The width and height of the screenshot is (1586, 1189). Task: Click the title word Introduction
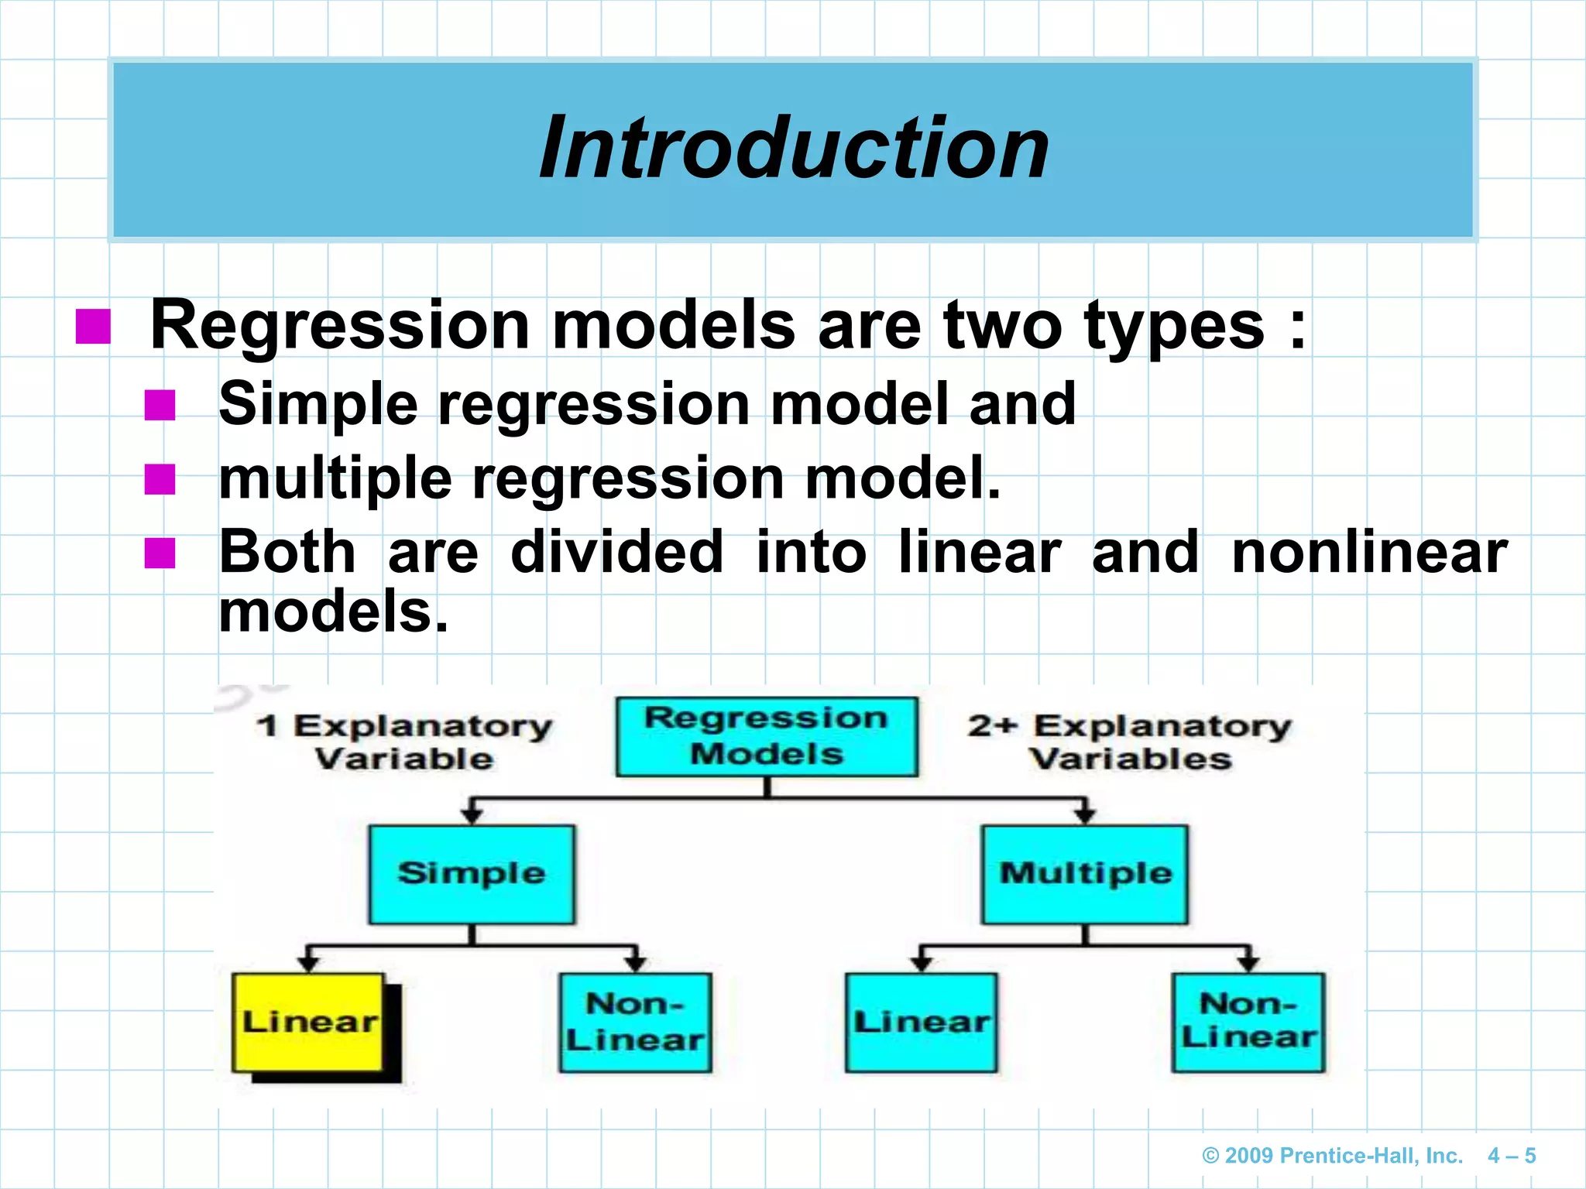[x=794, y=148]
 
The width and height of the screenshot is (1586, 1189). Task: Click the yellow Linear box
[x=309, y=1023]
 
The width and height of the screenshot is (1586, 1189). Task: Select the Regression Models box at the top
[x=767, y=736]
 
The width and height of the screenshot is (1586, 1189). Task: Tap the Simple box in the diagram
[x=472, y=874]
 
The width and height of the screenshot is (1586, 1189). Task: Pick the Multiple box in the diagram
[x=1085, y=874]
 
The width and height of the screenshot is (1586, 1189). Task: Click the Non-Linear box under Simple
[x=635, y=1023]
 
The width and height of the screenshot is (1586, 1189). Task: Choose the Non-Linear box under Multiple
[x=1248, y=1022]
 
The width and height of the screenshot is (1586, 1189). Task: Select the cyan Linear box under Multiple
[x=921, y=1023]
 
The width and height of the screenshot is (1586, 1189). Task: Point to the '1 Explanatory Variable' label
[x=404, y=742]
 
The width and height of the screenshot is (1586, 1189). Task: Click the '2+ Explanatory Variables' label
[x=1130, y=742]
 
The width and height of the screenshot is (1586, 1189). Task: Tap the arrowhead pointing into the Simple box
[x=472, y=816]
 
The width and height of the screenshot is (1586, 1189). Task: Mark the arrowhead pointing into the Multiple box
[x=1085, y=816]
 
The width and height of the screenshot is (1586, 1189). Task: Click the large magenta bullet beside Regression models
[x=94, y=327]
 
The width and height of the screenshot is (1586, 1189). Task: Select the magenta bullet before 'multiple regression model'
[x=160, y=479]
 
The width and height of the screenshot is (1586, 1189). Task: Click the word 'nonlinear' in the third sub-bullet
[x=1369, y=553]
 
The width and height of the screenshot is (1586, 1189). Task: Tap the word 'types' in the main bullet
[x=1174, y=325]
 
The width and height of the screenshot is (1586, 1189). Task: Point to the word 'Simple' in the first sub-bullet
[x=318, y=404]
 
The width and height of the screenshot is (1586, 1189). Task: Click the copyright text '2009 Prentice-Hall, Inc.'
[x=1332, y=1156]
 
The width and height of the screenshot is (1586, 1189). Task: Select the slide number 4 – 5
[x=1512, y=1156]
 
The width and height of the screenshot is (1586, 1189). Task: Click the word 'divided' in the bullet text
[x=617, y=553]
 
